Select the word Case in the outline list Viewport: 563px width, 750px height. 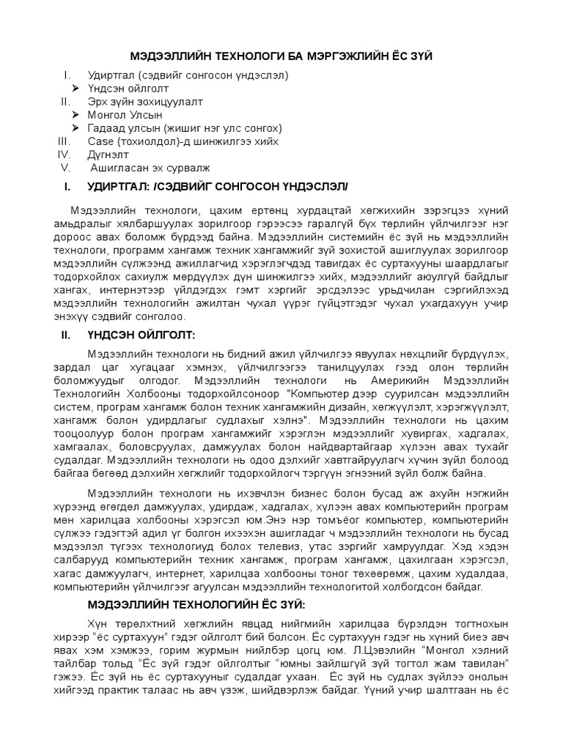point(100,141)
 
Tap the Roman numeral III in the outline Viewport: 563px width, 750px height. point(64,141)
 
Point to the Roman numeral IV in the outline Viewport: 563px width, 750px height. point(64,155)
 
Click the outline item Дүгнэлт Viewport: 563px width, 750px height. point(108,155)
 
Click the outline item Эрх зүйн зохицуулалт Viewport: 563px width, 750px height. point(144,101)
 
